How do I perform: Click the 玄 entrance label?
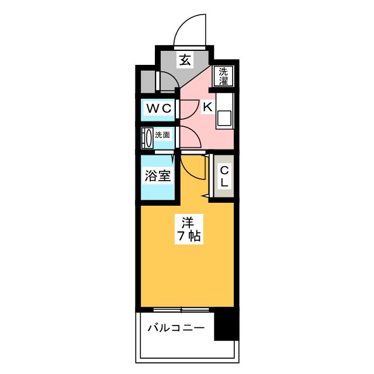pyautogui.click(x=185, y=60)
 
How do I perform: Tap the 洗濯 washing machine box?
pyautogui.click(x=224, y=77)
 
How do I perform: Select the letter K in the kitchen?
pyautogui.click(x=207, y=107)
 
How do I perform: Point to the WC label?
pyautogui.click(x=158, y=109)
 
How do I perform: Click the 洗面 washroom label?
pyautogui.click(x=162, y=136)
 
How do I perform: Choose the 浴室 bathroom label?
pyautogui.click(x=158, y=175)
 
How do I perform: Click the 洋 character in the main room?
pyautogui.click(x=187, y=222)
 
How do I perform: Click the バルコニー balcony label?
pyautogui.click(x=176, y=328)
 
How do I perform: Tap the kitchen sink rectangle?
pyautogui.click(x=224, y=119)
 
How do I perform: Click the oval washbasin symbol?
pyautogui.click(x=148, y=138)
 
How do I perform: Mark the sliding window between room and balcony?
pyautogui.click(x=182, y=309)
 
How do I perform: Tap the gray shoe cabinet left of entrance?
pyautogui.click(x=149, y=81)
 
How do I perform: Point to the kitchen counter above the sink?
pyautogui.click(x=224, y=99)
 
